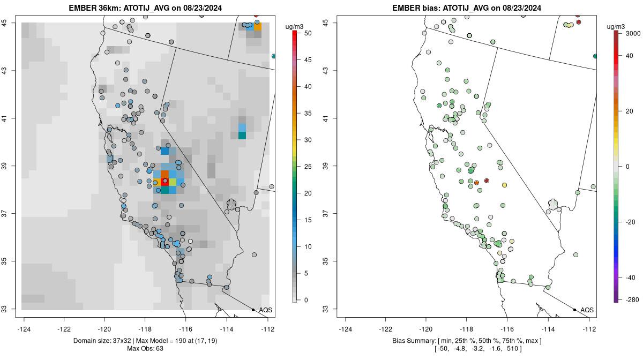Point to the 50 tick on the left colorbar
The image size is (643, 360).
pos(308,33)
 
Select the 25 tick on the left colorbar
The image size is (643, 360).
pos(308,167)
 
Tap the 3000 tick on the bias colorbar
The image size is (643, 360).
pos(633,33)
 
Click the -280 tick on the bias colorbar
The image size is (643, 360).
pos(632,299)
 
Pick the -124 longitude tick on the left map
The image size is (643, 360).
pos(24,329)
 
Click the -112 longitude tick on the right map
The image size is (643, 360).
pos(589,329)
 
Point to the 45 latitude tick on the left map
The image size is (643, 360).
pos(5,22)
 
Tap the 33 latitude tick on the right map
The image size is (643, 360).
pos(326,309)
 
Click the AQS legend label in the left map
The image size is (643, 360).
pos(266,310)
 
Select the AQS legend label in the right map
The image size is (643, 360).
pos(587,310)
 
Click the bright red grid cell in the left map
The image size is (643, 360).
pos(165,182)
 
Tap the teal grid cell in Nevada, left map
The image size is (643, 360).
pos(242,135)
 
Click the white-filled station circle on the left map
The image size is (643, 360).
pos(190,242)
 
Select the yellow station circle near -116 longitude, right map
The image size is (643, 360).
pos(504,185)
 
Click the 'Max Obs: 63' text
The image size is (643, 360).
pos(145,349)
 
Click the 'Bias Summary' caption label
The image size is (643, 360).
pos(414,341)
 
